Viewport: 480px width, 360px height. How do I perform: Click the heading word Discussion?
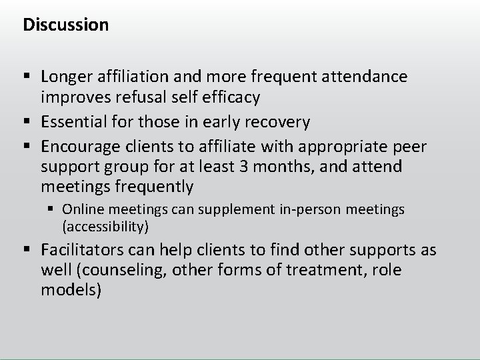click(65, 25)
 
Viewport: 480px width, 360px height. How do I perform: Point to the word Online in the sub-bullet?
click(81, 209)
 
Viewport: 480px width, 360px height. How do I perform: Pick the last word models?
click(70, 291)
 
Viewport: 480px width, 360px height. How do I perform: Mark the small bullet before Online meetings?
click(53, 210)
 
